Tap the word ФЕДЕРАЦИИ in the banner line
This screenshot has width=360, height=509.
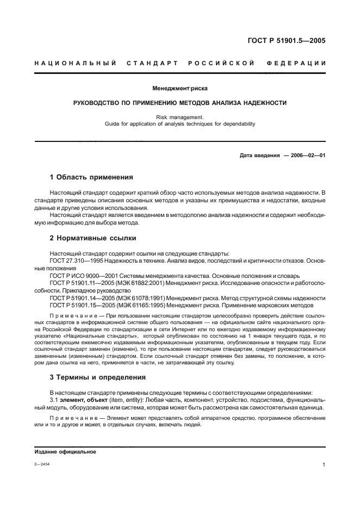296,64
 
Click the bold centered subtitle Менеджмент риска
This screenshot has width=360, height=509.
179,88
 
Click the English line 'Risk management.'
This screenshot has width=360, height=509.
179,116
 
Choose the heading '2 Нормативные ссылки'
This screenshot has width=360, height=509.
93,238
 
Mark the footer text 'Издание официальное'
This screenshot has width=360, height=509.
65,452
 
